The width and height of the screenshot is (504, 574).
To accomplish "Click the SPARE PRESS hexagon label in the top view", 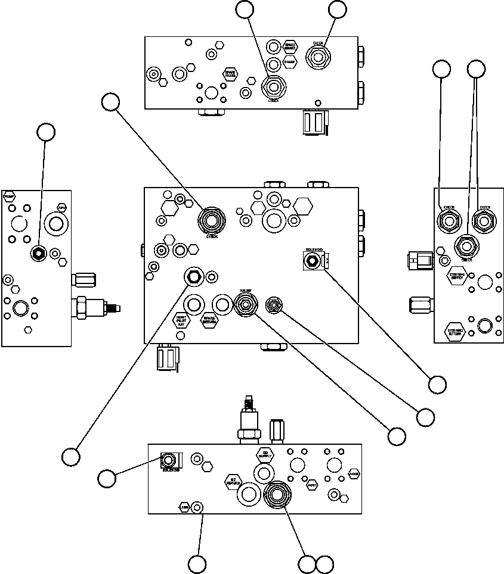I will tap(230, 74).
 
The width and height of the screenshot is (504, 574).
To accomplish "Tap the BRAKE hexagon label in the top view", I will tap(290, 61).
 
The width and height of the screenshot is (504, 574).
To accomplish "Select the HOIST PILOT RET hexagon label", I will tap(181, 321).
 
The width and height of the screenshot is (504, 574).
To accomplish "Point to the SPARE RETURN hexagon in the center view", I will tap(209, 321).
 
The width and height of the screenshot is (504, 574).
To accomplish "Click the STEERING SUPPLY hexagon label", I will tap(458, 275).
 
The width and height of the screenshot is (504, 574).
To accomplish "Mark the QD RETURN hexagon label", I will tap(233, 482).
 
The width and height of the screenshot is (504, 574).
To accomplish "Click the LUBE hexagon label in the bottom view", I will tap(184, 507).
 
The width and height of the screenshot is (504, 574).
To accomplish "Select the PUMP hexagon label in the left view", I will tap(9, 196).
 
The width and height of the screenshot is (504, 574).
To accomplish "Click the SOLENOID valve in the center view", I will tap(311, 260).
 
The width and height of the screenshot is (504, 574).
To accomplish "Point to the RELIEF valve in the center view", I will tap(245, 305).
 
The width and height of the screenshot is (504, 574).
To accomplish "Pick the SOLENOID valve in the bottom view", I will tap(169, 460).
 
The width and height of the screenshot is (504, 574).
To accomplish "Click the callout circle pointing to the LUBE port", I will tap(197, 563).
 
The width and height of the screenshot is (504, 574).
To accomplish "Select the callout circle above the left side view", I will tap(46, 132).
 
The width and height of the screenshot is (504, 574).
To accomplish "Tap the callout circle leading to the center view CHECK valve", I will tap(110, 102).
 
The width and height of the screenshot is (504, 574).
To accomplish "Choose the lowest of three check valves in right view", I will tap(466, 245).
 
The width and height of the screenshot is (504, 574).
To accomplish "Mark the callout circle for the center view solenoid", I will tap(437, 384).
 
